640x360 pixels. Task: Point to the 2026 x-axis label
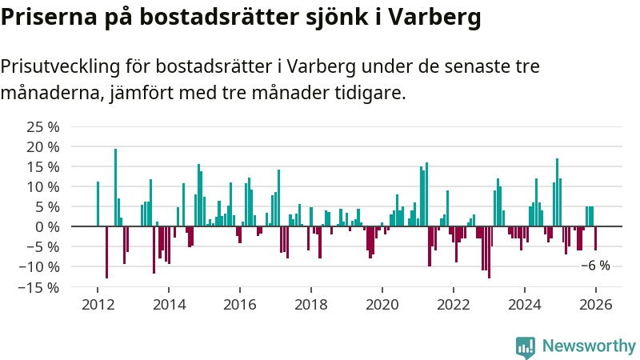(x=596, y=305)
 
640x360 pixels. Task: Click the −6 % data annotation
(x=595, y=266)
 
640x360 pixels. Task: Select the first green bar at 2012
(x=98, y=204)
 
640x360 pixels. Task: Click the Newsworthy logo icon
(x=526, y=346)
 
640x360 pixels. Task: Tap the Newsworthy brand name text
(x=589, y=346)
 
